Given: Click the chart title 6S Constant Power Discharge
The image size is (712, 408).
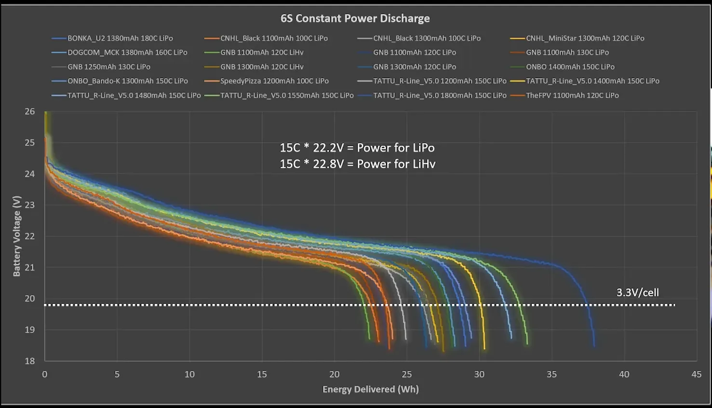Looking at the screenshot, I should (355, 18).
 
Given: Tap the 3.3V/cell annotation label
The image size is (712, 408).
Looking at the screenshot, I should (637, 292).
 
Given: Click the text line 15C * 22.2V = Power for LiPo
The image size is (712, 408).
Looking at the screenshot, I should (357, 148).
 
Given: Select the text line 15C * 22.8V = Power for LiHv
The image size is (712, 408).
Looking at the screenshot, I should (357, 164).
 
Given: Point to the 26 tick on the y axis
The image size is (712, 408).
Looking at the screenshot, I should (30, 111).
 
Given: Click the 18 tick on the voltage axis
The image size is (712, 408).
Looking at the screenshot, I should (30, 361).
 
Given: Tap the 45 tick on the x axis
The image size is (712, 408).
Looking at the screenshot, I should (696, 374).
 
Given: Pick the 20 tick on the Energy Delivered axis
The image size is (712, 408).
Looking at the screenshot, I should (334, 374).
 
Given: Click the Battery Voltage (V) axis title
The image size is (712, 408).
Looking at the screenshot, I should (17, 236).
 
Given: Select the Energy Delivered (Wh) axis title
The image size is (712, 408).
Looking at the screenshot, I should (370, 389).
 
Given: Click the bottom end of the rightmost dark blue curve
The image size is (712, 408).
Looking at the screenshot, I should (594, 345).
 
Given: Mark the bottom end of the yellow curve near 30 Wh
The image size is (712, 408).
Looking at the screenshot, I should (484, 348).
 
